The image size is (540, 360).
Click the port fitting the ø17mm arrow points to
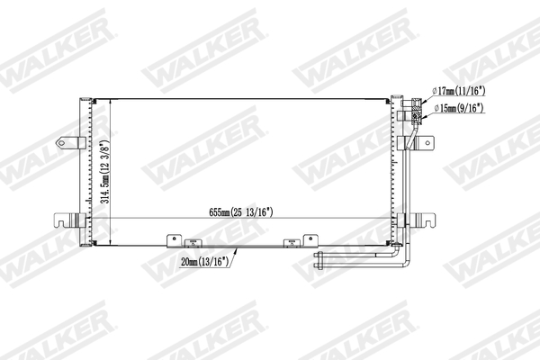click(416, 102)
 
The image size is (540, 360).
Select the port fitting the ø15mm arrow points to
click(417, 113)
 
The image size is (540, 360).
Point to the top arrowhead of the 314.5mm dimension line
click(110, 102)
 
